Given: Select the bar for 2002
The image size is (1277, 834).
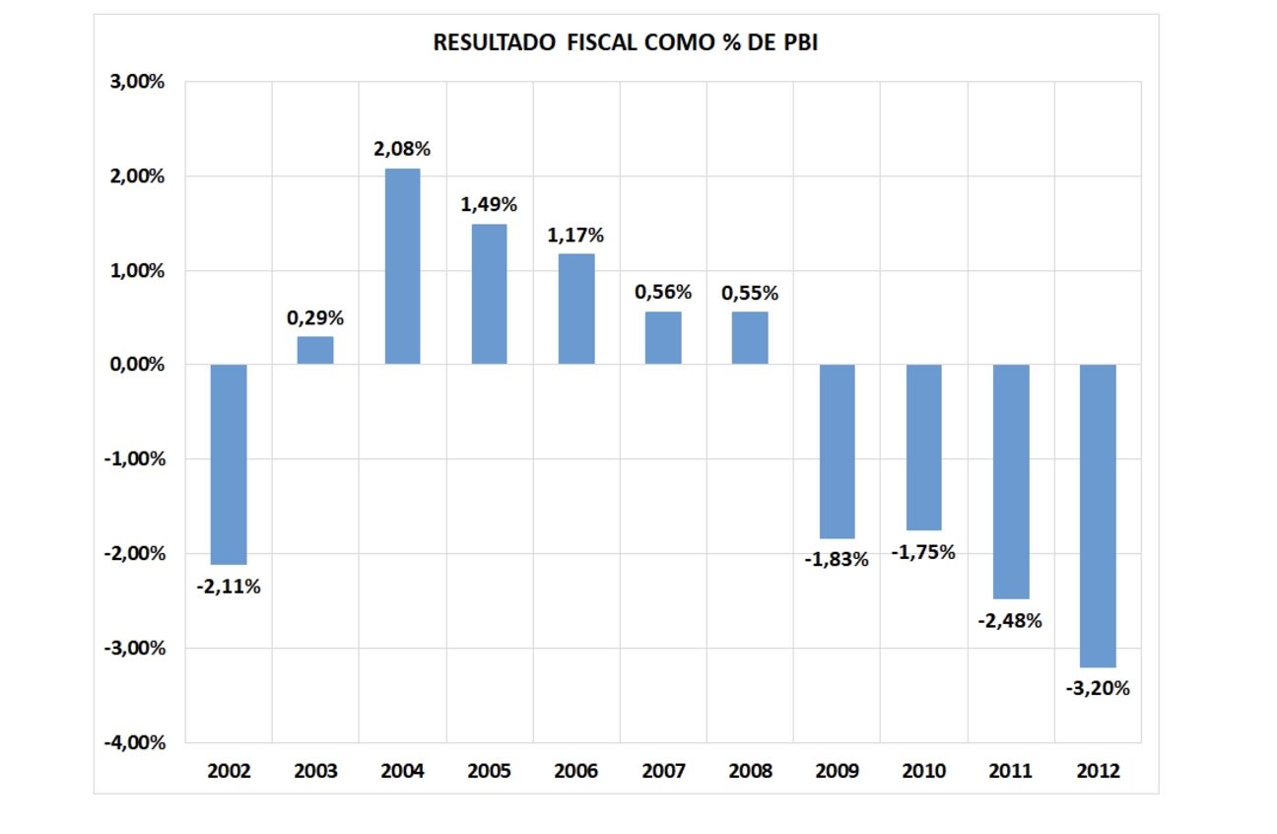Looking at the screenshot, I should (229, 463).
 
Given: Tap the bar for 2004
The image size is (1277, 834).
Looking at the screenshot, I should (402, 266).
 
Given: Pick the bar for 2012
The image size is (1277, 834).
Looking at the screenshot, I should (1098, 516).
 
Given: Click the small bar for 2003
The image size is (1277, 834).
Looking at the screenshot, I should (315, 351).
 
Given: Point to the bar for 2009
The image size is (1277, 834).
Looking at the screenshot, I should (837, 451).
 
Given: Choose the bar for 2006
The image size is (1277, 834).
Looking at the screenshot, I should (576, 309).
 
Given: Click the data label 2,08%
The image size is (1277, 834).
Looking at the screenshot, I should (402, 150).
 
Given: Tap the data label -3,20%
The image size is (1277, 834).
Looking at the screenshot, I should (1098, 688).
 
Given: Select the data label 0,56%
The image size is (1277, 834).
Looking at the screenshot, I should (663, 293).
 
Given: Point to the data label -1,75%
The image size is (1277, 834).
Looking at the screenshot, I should (923, 552).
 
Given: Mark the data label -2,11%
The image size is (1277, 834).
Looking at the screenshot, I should (229, 587).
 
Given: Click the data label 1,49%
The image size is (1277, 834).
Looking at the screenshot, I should (489, 205).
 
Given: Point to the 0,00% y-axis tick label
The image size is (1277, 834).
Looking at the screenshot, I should (136, 365).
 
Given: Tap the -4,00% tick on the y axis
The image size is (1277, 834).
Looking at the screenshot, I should (134, 742).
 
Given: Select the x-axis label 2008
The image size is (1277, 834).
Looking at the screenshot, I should (750, 771).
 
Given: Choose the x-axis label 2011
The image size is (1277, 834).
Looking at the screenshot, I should (1011, 771).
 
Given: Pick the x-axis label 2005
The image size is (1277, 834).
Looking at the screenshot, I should (489, 771).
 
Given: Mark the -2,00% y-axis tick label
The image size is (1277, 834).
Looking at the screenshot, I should (134, 553).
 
